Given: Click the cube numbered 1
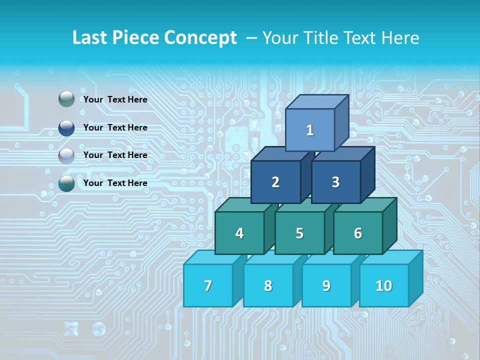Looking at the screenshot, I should point(310,130).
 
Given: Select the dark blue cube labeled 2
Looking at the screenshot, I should point(275,182).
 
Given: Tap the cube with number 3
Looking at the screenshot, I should point(335,182).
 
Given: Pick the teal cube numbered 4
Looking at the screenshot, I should point(239,233).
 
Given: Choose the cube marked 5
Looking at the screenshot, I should point(299,233).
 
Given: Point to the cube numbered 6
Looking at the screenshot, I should point(358,233).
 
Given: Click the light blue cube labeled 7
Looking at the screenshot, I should point(208,285).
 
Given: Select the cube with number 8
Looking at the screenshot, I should point(268,285).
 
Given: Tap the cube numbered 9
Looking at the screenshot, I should point(326,285).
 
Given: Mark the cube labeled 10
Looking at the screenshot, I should point(384,285).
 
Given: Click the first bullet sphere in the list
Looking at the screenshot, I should point(66,99).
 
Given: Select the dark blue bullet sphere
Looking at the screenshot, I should point(66,127).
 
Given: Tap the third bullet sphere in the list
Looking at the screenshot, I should point(66,155).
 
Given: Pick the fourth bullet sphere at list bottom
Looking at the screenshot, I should point(66,183).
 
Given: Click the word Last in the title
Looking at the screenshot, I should point(90,38).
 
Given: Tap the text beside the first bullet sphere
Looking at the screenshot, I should point(115,99).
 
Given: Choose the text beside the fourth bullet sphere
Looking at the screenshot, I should point(115,183).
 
